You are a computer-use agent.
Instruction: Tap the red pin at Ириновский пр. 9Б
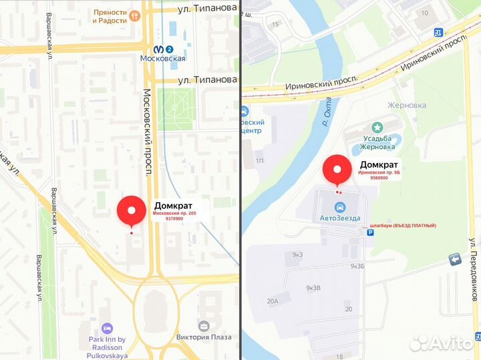pyautogui.click(x=337, y=170)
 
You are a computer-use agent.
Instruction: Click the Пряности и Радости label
pyautogui.click(x=111, y=16)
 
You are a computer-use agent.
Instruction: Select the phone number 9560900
pyautogui.click(x=379, y=178)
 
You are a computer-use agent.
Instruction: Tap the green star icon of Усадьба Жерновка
pyautogui.click(x=377, y=126)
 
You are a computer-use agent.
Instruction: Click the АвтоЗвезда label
pyautogui.click(x=339, y=218)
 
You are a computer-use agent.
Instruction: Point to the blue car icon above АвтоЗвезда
pyautogui.click(x=340, y=206)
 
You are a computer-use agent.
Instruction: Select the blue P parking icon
pyautogui.click(x=371, y=233)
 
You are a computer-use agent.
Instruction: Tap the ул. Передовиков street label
pyautogui.click(x=472, y=267)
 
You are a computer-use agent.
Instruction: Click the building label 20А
pyautogui.click(x=273, y=301)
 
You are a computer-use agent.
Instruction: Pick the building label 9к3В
pyautogui.click(x=313, y=288)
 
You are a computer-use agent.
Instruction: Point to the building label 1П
pyautogui.click(x=260, y=161)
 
